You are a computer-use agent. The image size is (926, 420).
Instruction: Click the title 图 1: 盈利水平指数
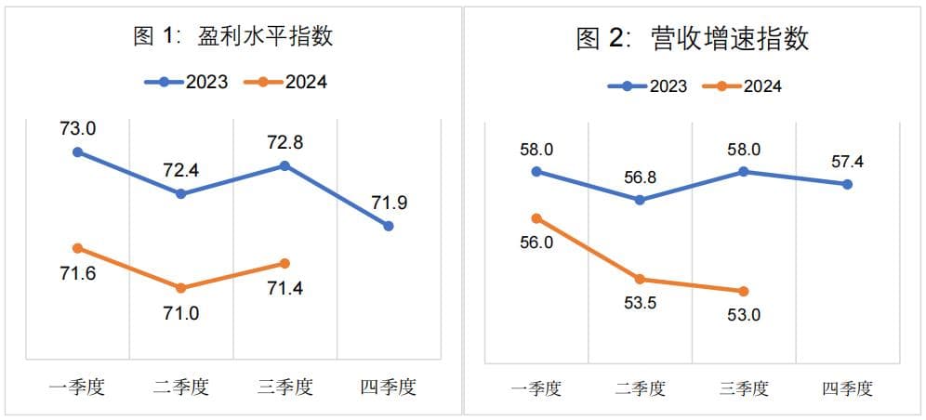pos(232,37)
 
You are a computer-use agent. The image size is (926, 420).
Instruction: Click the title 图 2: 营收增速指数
pos(692,39)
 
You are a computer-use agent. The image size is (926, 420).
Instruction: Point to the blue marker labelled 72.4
pos(181,193)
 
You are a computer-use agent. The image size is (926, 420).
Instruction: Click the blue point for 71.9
pos(389,226)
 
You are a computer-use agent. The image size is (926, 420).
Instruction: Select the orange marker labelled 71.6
pos(77,248)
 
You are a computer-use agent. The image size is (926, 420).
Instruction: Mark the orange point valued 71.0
pos(181,288)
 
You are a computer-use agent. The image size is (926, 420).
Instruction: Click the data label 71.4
pos(284,288)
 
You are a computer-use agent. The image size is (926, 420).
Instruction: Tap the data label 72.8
pos(284,143)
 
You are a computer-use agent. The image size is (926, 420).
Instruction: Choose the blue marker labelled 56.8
pos(640,200)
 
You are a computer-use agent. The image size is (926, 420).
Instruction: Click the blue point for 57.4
pos(847,184)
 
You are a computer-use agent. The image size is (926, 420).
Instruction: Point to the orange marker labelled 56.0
pos(536,218)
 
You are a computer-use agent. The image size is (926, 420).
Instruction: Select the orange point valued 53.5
pos(640,279)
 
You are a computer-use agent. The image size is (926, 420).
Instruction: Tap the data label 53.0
pos(744,315)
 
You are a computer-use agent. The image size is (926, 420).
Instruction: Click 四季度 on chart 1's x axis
pos(389,387)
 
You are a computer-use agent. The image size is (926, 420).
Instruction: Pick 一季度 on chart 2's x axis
pos(536,388)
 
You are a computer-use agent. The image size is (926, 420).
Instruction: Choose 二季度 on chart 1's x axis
pos(181,387)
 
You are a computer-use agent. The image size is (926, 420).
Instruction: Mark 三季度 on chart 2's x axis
pos(744,388)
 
